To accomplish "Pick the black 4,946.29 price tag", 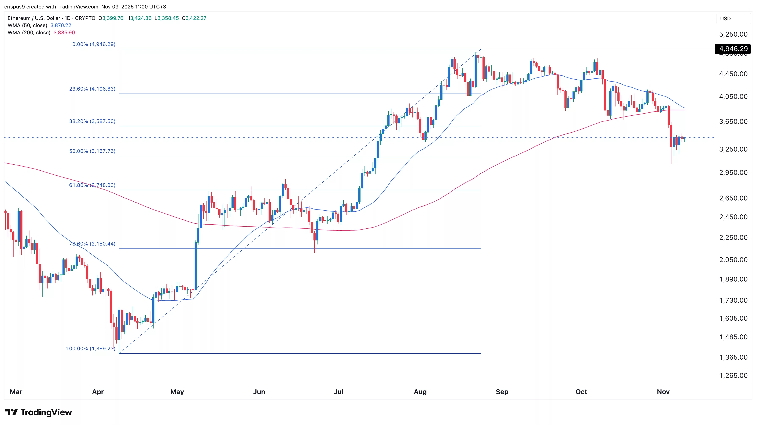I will pos(733,49).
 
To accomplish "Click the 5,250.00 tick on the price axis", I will pos(733,34).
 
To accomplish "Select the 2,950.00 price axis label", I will pos(733,172).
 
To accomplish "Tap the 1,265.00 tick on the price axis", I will pos(733,375).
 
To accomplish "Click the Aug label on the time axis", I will pos(420,392).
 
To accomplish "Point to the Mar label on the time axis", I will pos(16,392).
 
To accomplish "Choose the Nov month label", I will pos(663,392).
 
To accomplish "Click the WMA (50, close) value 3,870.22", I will pos(61,25).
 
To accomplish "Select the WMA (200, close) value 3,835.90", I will pos(64,33).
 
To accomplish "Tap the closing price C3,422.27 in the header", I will pos(194,18).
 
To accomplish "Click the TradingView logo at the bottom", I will pos(39,412).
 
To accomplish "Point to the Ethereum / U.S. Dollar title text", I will pos(34,18).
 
